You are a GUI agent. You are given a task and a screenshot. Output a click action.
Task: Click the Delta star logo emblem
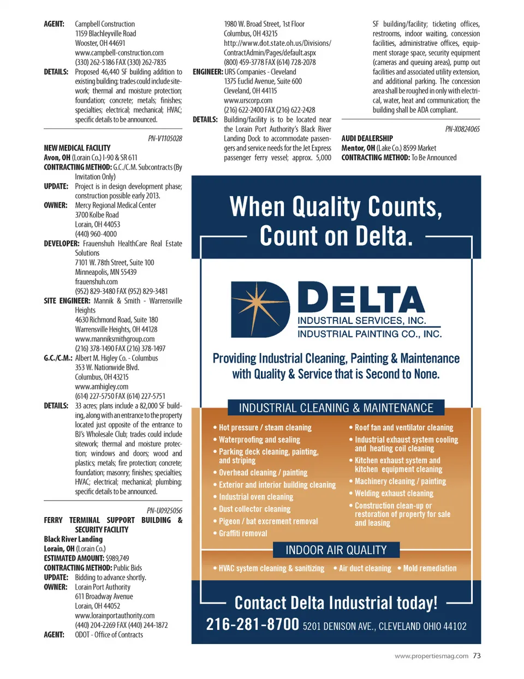pyautogui.click(x=260, y=310)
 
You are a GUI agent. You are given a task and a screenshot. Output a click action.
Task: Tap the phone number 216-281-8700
pyautogui.click(x=252, y=624)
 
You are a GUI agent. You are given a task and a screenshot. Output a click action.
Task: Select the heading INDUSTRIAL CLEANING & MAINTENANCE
pyautogui.click(x=336, y=408)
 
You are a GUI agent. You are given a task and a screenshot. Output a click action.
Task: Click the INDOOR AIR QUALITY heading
pyautogui.click(x=336, y=550)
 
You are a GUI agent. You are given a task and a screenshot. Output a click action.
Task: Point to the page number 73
pyautogui.click(x=477, y=656)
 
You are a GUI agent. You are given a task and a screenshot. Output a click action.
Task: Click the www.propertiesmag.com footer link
pyautogui.click(x=431, y=656)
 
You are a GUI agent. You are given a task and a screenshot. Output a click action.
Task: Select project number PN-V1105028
pyautogui.click(x=165, y=139)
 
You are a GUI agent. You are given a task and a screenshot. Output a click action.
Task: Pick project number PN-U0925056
pyautogui.click(x=164, y=510)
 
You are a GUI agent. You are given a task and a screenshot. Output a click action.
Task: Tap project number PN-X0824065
pyautogui.click(x=462, y=129)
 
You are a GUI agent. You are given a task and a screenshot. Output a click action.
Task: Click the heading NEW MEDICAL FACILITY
pyautogui.click(x=77, y=148)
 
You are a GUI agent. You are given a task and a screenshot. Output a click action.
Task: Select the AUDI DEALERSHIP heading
pyautogui.click(x=367, y=139)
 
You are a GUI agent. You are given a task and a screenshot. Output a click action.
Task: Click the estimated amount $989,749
pyautogui.click(x=117, y=558)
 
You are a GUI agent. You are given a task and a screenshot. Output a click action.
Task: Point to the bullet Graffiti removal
pyautogui.click(x=243, y=533)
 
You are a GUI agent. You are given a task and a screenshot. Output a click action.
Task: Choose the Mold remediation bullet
pyautogui.click(x=430, y=568)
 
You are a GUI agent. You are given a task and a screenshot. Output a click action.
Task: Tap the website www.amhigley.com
pyautogui.click(x=102, y=387)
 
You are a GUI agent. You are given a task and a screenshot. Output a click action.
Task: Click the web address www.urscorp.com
pyautogui.click(x=248, y=100)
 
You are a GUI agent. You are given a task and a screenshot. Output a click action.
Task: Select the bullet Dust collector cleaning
pyautogui.click(x=254, y=509)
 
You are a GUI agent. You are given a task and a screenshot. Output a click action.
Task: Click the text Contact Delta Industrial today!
pyautogui.click(x=336, y=603)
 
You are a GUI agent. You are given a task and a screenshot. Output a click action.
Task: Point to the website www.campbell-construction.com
pyautogui.click(x=119, y=53)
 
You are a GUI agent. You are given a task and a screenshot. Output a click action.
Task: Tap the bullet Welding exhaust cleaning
pyautogui.click(x=394, y=493)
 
